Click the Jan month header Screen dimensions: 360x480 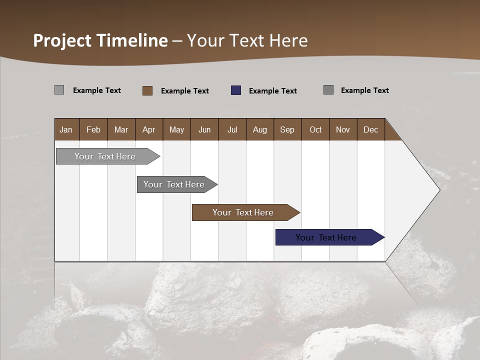pyautogui.click(x=66, y=129)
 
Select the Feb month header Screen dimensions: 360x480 pyautogui.click(x=93, y=129)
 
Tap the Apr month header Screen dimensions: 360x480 pyautogui.click(x=149, y=129)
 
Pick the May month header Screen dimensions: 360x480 pyautogui.click(x=176, y=129)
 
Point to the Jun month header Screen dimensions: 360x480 pyautogui.click(x=204, y=129)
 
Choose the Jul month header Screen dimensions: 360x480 pyautogui.click(x=232, y=129)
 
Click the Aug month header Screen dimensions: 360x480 pyautogui.click(x=260, y=129)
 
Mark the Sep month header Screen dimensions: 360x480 pyautogui.click(x=287, y=129)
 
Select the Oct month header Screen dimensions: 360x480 pyautogui.click(x=315, y=129)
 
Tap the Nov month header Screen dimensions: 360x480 pyautogui.click(x=343, y=129)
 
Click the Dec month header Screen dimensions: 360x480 pyautogui.click(x=371, y=129)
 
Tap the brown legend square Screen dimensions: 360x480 pyautogui.click(x=147, y=90)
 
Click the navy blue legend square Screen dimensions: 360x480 pyautogui.click(x=236, y=90)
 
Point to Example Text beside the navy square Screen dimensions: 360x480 pyautogui.click(x=273, y=91)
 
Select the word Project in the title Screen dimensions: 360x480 pyautogui.click(x=62, y=40)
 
